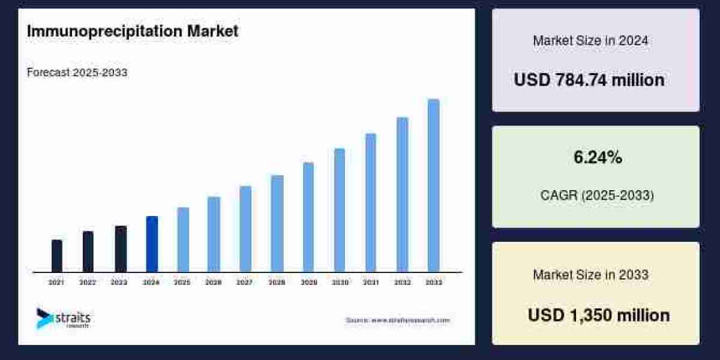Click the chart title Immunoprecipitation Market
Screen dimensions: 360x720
click(x=133, y=31)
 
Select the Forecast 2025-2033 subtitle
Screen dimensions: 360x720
click(x=77, y=73)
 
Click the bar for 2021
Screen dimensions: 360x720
click(x=57, y=256)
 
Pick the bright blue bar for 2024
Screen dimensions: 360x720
click(x=152, y=244)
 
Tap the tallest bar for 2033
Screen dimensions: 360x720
click(x=433, y=185)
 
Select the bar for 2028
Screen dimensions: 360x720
click(x=277, y=223)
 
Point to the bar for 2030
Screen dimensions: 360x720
click(x=340, y=210)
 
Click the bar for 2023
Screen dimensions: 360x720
click(x=121, y=248)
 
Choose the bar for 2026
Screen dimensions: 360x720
click(x=214, y=234)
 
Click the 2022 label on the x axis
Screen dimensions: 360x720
click(x=88, y=282)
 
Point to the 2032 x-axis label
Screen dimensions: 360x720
click(x=402, y=282)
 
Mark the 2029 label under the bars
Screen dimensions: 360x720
click(x=308, y=282)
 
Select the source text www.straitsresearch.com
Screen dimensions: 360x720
click(x=397, y=320)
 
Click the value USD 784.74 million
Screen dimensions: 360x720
click(x=589, y=80)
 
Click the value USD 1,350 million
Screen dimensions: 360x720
click(x=598, y=315)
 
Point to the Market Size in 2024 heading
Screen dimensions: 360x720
click(x=590, y=41)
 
